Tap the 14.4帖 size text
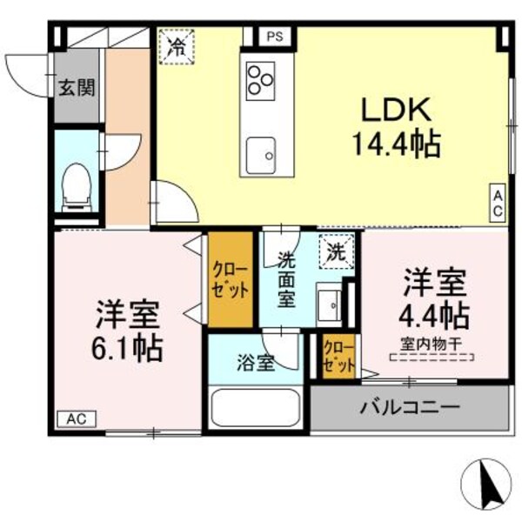pos(396,142)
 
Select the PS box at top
pos(275,37)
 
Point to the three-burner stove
pos(259,79)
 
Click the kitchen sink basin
pos(259,157)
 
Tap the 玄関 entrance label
pos(77,88)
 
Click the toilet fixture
pos(77,184)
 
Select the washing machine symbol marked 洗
pos(335,252)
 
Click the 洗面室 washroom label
pos(286,278)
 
